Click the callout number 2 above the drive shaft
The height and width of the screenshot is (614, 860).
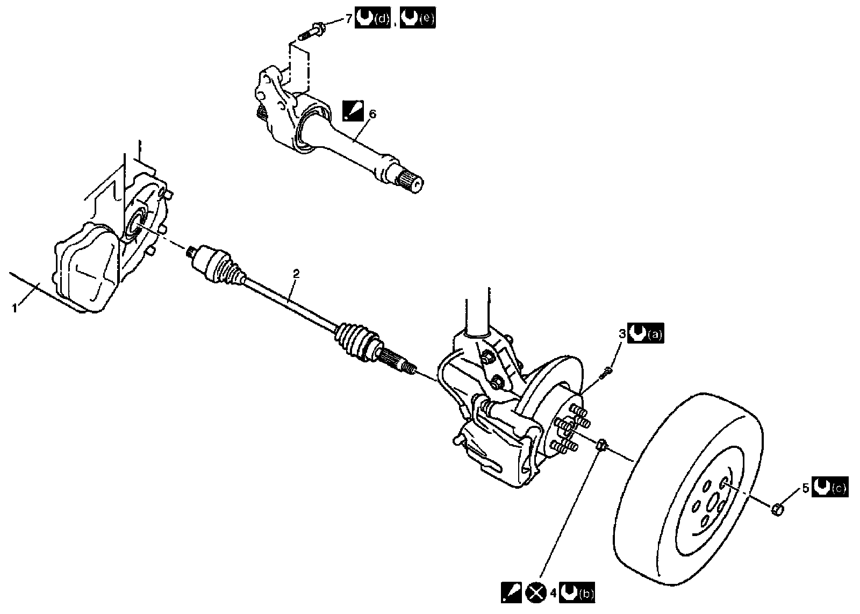(295, 273)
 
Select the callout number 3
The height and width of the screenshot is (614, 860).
(622, 334)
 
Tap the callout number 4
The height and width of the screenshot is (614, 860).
(553, 593)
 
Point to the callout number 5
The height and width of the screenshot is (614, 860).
(805, 488)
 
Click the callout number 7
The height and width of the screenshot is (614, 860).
(348, 19)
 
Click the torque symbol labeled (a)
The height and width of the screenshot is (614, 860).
(637, 334)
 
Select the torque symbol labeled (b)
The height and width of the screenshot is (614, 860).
(569, 593)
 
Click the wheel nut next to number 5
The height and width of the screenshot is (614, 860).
(778, 508)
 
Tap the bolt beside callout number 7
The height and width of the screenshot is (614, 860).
(311, 30)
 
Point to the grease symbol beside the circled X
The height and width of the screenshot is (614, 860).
(511, 593)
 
